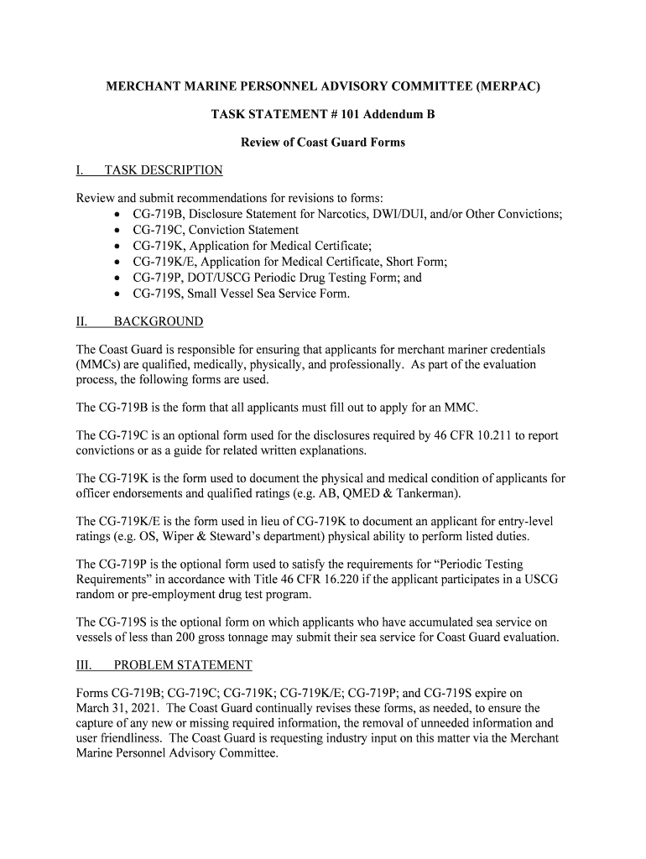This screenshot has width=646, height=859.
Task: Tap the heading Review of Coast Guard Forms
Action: [x=323, y=142]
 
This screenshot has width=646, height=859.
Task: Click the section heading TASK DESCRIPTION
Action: [x=163, y=170]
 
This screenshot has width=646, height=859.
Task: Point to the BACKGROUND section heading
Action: [x=158, y=321]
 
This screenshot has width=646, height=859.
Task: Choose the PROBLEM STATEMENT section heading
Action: [x=183, y=665]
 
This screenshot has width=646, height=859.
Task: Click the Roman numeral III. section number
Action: [x=86, y=665]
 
